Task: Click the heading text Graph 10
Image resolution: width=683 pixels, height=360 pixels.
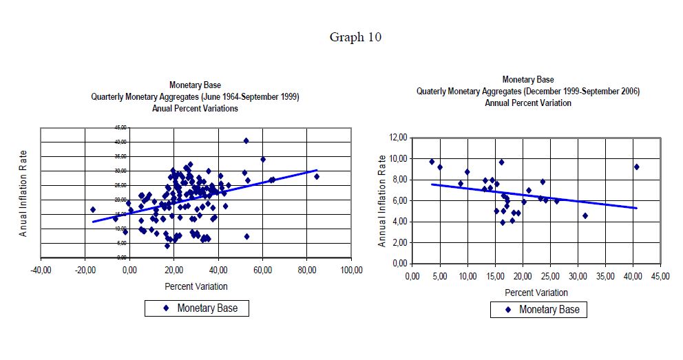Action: [355, 37]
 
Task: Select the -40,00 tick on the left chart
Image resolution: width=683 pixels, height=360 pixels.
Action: [41, 271]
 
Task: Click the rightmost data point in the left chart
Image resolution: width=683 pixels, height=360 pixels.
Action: [317, 176]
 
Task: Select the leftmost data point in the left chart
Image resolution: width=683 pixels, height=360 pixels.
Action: [93, 209]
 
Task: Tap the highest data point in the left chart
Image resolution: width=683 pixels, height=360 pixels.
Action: [246, 140]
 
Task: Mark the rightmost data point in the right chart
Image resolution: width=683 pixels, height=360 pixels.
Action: [637, 167]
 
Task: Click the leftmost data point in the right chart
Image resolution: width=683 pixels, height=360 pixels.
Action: [432, 162]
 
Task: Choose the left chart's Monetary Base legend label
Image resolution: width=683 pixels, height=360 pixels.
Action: [207, 308]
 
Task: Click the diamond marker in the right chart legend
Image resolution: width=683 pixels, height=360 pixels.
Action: [509, 310]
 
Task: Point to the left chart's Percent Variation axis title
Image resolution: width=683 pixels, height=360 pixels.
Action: [196, 286]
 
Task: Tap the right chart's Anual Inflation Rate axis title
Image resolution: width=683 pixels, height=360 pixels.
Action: [382, 201]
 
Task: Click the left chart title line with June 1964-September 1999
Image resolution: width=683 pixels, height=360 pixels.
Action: [196, 97]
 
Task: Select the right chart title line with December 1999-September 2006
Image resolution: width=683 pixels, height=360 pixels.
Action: [528, 92]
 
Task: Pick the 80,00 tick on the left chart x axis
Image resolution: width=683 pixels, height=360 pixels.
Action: [307, 271]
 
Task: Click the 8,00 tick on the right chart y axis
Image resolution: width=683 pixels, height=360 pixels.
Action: [397, 180]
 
